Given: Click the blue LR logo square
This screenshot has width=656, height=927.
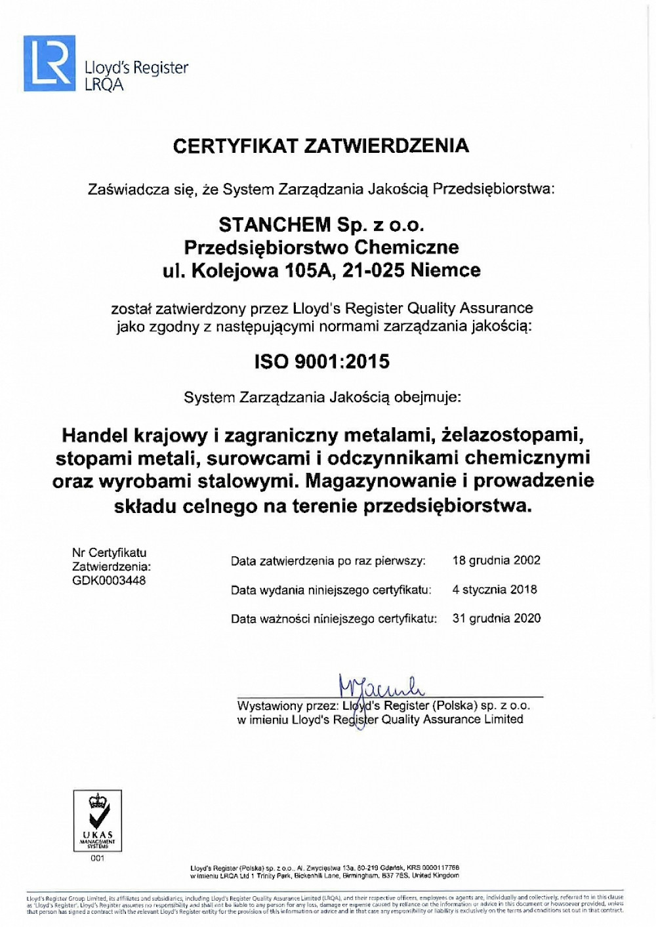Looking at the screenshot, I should tap(49, 63).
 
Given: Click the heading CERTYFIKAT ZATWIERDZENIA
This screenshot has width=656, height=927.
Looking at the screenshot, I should tap(321, 146).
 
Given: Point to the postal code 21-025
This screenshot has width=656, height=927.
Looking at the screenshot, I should tap(373, 270).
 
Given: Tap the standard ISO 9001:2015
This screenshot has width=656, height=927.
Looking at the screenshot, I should tap(321, 361).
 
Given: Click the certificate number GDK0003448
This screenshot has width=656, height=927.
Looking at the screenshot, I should tap(109, 581).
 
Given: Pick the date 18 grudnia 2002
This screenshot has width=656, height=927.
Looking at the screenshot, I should tap(496, 560).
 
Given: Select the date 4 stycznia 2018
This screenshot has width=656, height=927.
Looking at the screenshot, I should tap(494, 589).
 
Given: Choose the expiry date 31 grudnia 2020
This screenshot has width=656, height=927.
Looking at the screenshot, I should tap(496, 618).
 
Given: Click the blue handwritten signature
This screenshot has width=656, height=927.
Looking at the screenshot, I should tap(380, 686).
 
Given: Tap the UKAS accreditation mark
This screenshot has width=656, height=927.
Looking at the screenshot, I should tap(97, 820).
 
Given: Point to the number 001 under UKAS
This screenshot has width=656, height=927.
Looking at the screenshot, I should tap(97, 858).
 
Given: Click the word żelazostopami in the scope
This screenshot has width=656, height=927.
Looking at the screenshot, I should tap(512, 435).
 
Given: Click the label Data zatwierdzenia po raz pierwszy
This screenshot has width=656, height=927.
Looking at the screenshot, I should tap(328, 561).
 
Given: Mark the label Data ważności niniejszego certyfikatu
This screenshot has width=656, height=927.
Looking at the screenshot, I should tap(333, 619).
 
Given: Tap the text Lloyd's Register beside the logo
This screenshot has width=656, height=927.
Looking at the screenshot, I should tap(136, 68).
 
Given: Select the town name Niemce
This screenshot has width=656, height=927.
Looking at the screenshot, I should tap(445, 270).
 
